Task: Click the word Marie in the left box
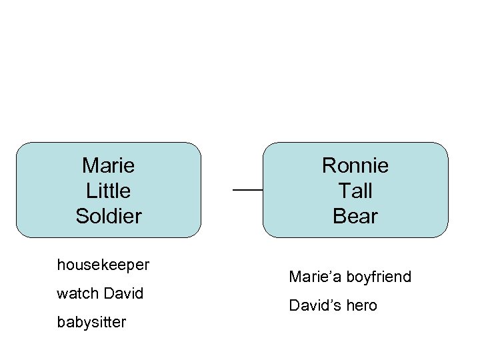click(108, 165)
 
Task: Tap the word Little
click(108, 191)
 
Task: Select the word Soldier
click(108, 216)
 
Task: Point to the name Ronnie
click(355, 165)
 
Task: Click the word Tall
click(355, 191)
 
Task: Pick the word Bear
click(355, 216)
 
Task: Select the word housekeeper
click(103, 265)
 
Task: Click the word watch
click(77, 293)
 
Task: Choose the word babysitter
click(91, 323)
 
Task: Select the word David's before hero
click(314, 306)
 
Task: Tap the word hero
click(361, 306)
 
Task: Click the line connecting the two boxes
click(247, 191)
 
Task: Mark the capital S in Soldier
click(81, 216)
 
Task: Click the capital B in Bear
click(339, 216)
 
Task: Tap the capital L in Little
click(91, 191)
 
